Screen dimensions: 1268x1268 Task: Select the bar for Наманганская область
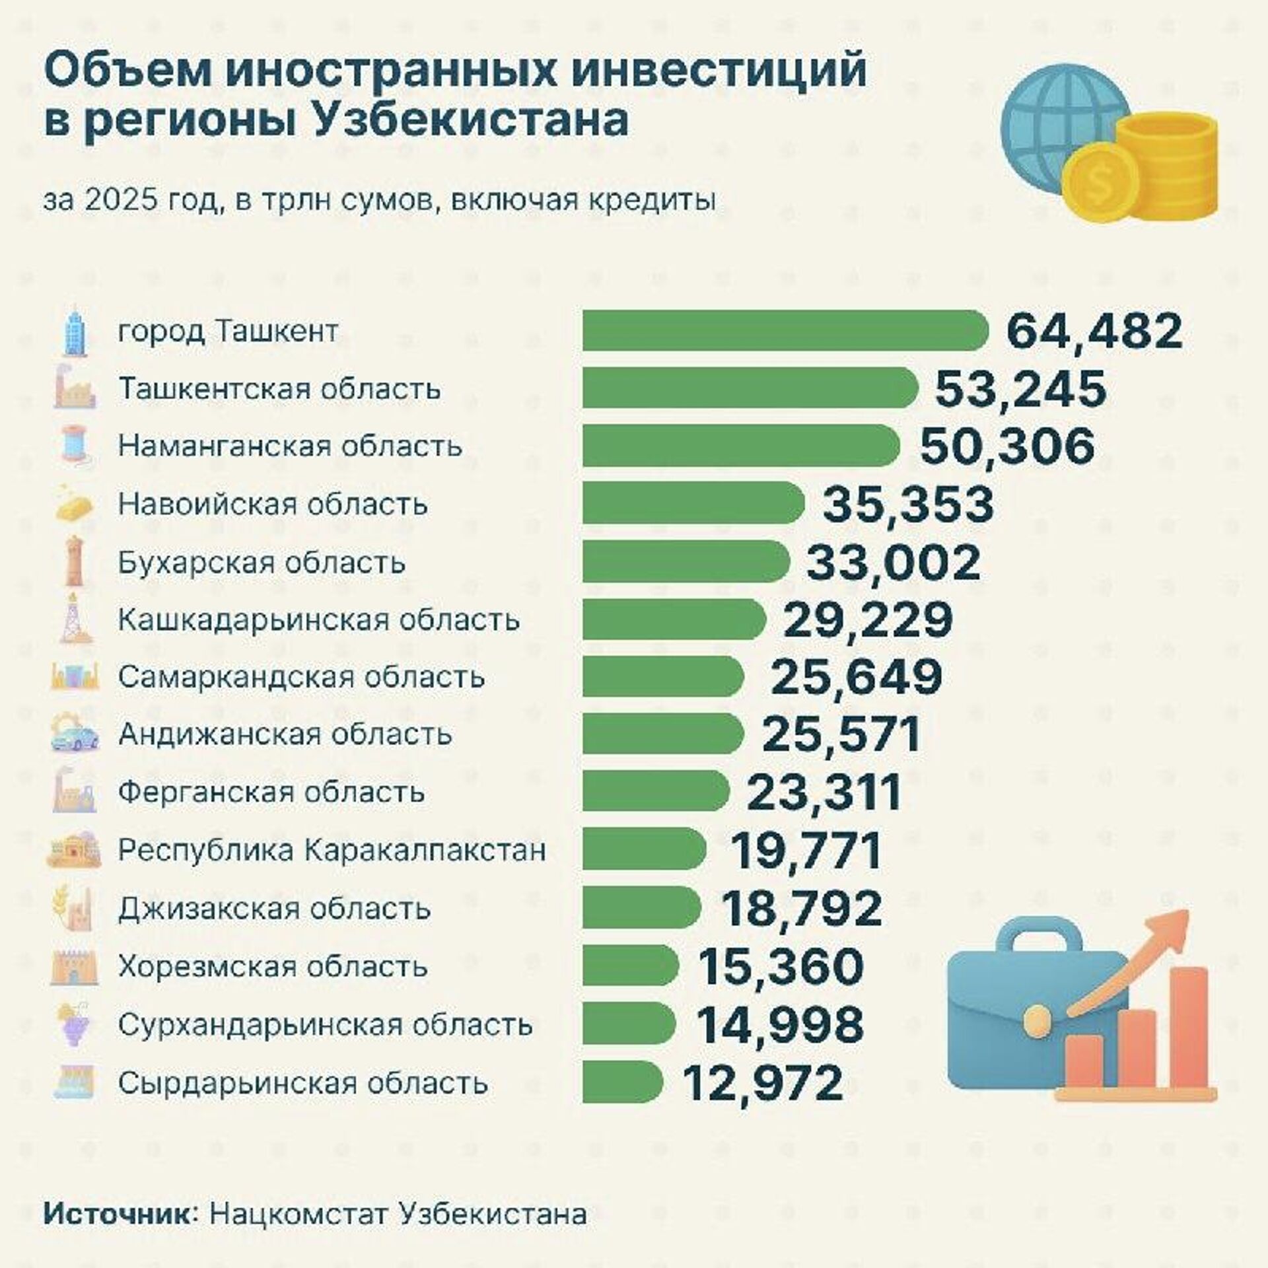[x=740, y=446]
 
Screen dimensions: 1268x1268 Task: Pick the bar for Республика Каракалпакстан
[x=644, y=849]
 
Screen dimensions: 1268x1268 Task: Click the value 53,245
[x=1020, y=388]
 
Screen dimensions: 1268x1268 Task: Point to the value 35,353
[x=907, y=504]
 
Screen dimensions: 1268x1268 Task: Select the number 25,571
[x=841, y=734]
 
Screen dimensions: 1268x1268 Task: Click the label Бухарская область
[x=262, y=563]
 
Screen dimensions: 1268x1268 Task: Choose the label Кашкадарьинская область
[x=319, y=620]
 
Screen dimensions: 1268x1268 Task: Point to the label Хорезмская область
[x=273, y=967]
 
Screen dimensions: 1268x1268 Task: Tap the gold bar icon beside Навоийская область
[x=74, y=505]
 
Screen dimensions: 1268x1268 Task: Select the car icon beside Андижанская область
[x=74, y=735]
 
